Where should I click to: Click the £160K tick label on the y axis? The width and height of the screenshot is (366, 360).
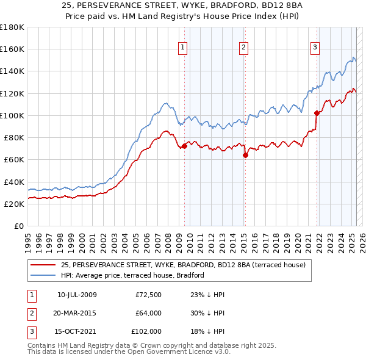(12, 49)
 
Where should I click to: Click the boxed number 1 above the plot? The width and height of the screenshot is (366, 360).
(184, 48)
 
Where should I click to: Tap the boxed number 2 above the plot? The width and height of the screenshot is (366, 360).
(243, 48)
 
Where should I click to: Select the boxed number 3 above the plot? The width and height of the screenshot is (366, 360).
(315, 48)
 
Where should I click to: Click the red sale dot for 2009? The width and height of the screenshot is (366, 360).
(184, 146)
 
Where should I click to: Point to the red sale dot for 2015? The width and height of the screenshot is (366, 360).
(245, 155)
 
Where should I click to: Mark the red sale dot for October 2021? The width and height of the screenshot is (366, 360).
(317, 113)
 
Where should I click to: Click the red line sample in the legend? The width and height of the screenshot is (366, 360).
(43, 264)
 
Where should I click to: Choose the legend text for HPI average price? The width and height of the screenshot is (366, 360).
(132, 275)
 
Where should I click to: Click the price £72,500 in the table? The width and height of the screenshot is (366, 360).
(148, 295)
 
